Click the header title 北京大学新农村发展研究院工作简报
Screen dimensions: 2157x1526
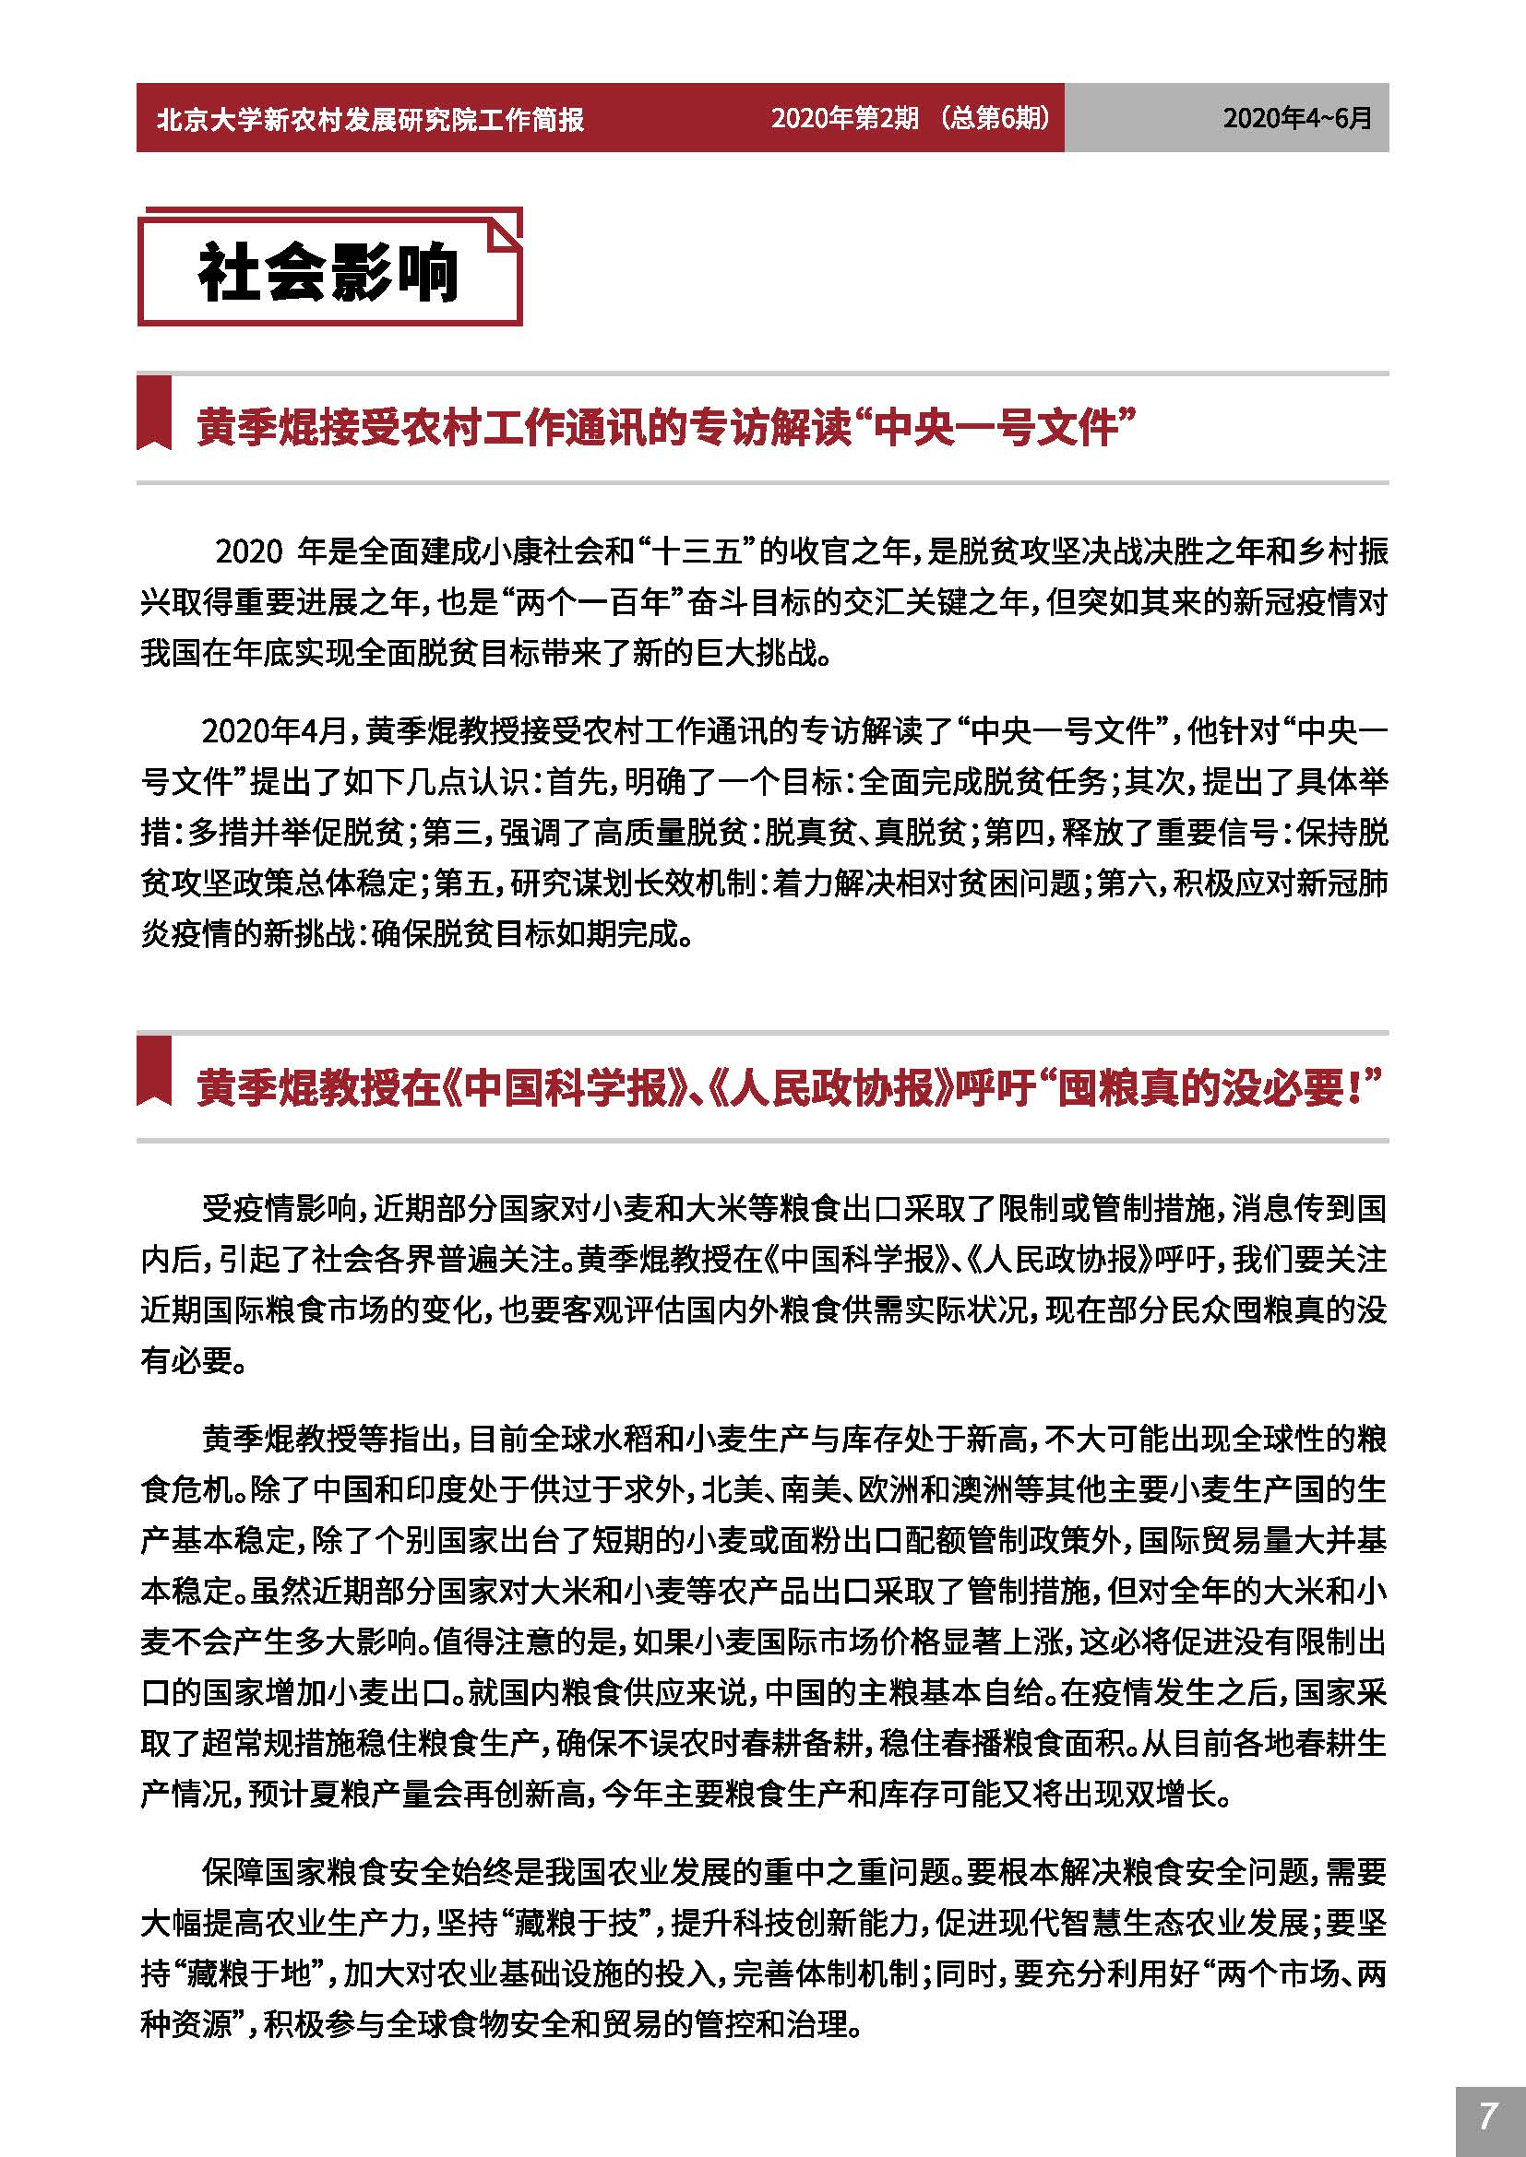point(370,119)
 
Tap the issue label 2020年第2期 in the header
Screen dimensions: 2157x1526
point(844,117)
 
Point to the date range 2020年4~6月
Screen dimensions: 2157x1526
point(1296,118)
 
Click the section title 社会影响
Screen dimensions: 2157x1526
point(328,273)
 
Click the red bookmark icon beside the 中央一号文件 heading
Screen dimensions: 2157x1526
point(155,413)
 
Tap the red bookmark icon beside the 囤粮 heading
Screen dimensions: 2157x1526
point(155,1072)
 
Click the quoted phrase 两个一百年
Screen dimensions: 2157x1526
point(596,602)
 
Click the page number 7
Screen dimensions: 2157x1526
point(1487,2116)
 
